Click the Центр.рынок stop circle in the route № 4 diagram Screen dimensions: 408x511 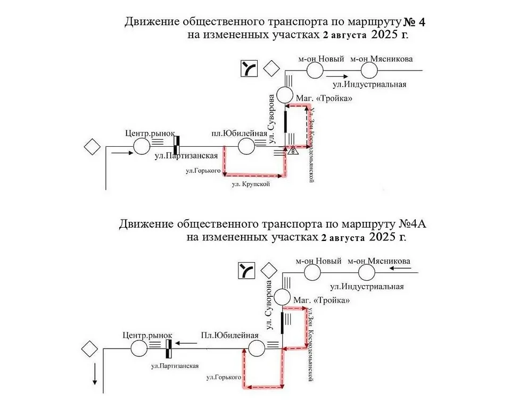(142, 146)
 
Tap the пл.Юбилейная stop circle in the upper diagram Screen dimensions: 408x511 (246, 146)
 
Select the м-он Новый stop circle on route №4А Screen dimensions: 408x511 (312, 272)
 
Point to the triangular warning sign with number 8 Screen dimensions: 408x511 (294, 151)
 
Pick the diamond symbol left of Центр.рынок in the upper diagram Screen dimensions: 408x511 (93, 146)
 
